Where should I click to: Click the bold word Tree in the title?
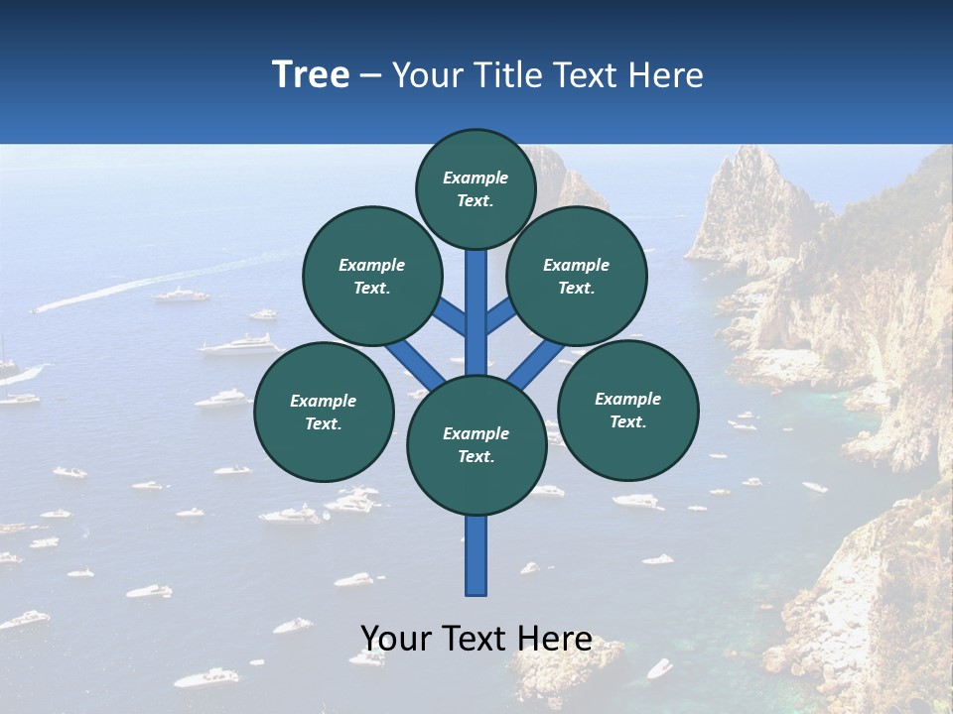pyautogui.click(x=311, y=74)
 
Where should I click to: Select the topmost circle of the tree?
pyautogui.click(x=476, y=188)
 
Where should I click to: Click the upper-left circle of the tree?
pyautogui.click(x=371, y=276)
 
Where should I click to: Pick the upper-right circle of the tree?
pyautogui.click(x=577, y=276)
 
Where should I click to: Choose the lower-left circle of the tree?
pyautogui.click(x=324, y=412)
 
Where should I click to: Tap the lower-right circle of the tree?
pyautogui.click(x=627, y=410)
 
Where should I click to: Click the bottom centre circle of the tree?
pyautogui.click(x=476, y=445)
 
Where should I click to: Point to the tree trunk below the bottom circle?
pyautogui.click(x=476, y=555)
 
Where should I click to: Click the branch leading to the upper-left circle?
pyautogui.click(x=451, y=317)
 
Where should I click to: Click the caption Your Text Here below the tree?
pyautogui.click(x=476, y=639)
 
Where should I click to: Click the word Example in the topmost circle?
pyautogui.click(x=476, y=178)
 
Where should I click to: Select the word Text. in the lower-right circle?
pyautogui.click(x=627, y=421)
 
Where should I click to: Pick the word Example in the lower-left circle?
pyautogui.click(x=324, y=401)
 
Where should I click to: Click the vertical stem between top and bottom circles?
pyautogui.click(x=476, y=307)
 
